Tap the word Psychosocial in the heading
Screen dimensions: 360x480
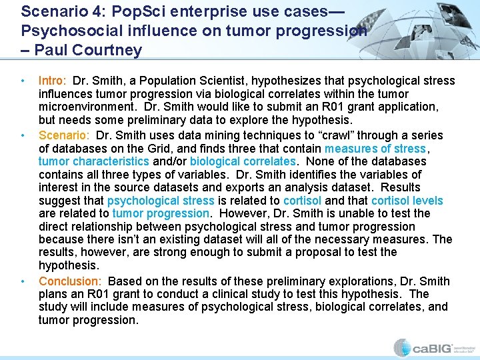(x=64, y=31)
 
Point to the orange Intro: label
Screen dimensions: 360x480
(x=53, y=81)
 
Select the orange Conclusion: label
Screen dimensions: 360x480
(x=70, y=281)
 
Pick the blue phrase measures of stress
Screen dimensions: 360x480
(x=375, y=148)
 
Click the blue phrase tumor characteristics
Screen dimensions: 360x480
(x=94, y=161)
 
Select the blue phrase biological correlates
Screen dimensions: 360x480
(x=242, y=161)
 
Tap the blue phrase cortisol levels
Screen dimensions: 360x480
(x=407, y=201)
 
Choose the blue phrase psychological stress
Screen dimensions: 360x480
(x=161, y=201)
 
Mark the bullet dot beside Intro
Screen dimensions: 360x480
(x=24, y=81)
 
